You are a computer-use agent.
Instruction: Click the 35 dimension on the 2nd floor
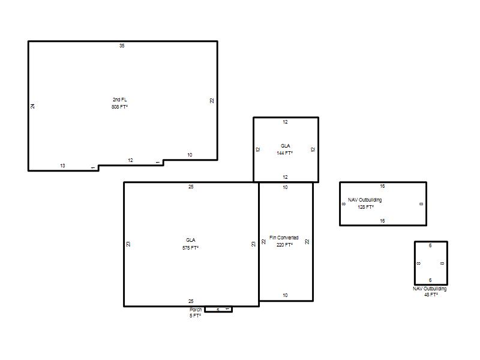(122, 46)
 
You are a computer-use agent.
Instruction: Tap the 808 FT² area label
(119, 107)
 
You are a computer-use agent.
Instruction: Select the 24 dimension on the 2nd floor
(32, 106)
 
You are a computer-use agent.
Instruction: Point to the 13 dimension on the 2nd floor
(62, 166)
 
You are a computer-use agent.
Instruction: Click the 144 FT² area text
(284, 153)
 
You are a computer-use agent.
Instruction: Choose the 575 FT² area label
(190, 248)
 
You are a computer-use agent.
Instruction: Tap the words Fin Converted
(284, 238)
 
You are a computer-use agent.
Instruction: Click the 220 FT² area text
(284, 245)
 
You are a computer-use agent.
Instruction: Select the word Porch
(196, 310)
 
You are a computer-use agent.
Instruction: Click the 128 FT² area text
(366, 207)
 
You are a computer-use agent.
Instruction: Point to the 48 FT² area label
(431, 295)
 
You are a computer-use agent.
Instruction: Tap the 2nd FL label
(119, 100)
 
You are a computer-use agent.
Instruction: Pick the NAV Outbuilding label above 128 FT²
(365, 200)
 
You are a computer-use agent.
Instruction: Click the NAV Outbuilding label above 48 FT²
(430, 289)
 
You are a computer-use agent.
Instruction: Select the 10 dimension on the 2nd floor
(190, 155)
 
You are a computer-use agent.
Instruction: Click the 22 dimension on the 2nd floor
(212, 101)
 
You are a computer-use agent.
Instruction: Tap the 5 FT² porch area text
(196, 316)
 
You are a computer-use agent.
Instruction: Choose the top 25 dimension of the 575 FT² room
(191, 187)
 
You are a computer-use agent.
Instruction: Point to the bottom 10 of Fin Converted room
(286, 295)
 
